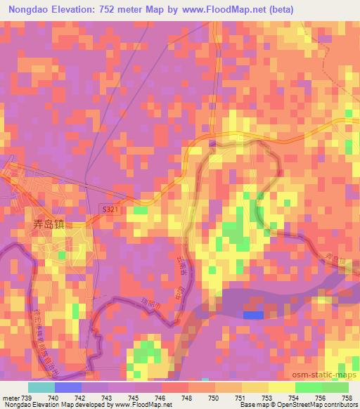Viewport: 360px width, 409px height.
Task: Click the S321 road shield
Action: (109, 209)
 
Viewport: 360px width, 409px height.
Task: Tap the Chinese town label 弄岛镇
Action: (49, 226)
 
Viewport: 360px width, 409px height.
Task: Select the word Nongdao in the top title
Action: (29, 9)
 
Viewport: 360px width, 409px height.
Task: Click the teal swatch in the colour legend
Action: (41, 387)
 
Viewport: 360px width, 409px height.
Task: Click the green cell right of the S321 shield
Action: (141, 210)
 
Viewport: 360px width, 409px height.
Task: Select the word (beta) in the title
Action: (279, 9)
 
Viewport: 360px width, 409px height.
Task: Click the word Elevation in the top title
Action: (75, 9)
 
